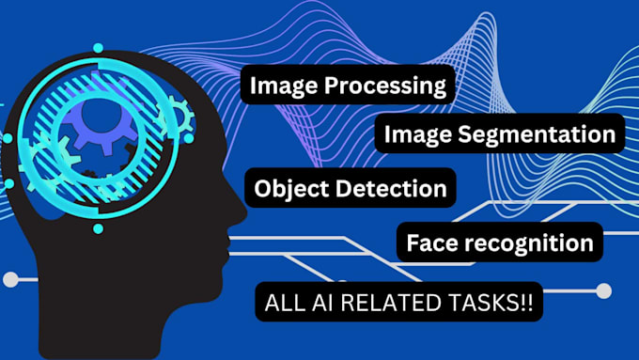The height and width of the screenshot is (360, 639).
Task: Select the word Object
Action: [x=288, y=188]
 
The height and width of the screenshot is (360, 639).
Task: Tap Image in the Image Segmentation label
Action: [x=415, y=134]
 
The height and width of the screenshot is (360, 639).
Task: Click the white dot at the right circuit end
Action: [x=603, y=291]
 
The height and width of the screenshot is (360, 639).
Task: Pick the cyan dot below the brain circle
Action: [x=97, y=228]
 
